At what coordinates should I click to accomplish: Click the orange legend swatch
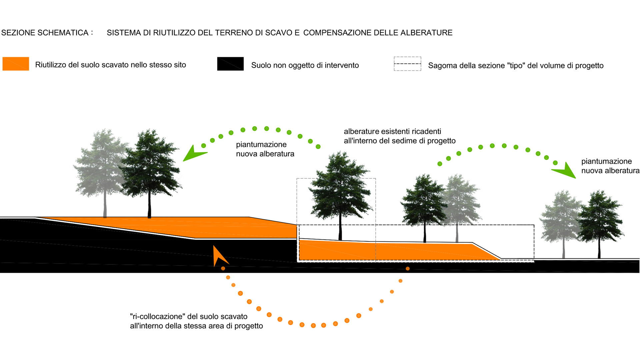[x=16, y=64]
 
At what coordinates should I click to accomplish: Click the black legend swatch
[x=230, y=64]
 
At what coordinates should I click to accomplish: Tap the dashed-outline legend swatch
[x=407, y=64]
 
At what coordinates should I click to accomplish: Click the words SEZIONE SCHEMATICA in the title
[x=45, y=33]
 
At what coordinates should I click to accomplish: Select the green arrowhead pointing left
[x=193, y=154]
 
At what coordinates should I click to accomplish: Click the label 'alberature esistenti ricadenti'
[x=392, y=131]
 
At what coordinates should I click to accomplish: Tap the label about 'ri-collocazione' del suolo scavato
[x=189, y=316]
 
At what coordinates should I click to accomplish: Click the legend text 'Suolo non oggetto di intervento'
[x=305, y=65]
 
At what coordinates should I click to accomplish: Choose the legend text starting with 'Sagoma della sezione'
[x=516, y=66]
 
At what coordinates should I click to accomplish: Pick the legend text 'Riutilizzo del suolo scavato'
[x=110, y=65]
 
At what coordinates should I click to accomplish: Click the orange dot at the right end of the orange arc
[x=408, y=269]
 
